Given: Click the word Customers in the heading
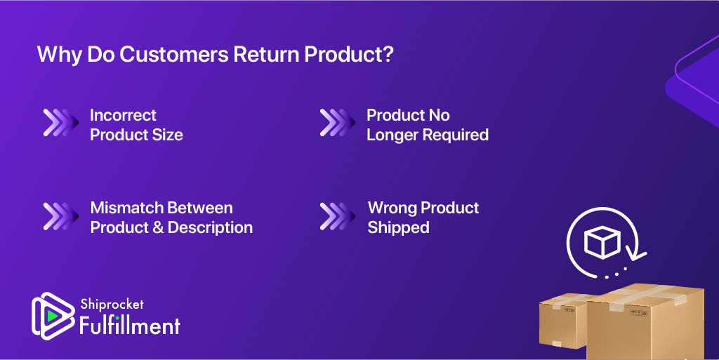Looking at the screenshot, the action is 174,54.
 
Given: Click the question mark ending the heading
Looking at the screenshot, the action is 388,54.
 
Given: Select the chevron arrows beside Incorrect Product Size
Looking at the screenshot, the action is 60,123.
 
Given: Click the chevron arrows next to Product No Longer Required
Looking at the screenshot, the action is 338,123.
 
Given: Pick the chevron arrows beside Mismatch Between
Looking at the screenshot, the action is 60,216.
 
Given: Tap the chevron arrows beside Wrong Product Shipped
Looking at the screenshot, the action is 338,216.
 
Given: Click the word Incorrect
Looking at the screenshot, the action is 123,115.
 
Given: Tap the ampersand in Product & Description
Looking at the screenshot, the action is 158,227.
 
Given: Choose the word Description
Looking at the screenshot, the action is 210,227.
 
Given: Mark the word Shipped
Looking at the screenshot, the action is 399,227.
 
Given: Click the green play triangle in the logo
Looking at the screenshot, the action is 52,316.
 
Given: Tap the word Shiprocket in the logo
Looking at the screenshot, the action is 112,304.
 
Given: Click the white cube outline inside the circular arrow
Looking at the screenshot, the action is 602,242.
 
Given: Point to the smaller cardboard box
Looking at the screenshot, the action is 563,320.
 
